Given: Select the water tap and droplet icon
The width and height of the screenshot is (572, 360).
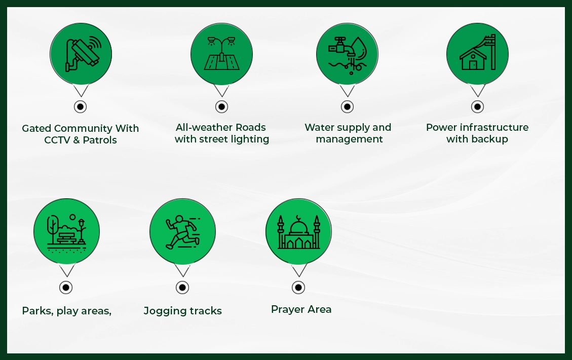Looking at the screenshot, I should click(x=347, y=53).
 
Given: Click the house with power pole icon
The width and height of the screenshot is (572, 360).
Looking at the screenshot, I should click(x=477, y=53).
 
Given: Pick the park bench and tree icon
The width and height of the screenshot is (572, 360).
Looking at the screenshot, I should click(x=66, y=232).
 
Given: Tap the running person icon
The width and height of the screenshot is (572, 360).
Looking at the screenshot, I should click(x=182, y=232).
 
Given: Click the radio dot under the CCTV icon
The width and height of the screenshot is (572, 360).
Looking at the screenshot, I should click(x=81, y=107).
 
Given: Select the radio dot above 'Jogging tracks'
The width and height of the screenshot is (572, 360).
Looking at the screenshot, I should click(x=182, y=287).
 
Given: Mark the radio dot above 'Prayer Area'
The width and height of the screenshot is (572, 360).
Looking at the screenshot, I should click(x=298, y=287).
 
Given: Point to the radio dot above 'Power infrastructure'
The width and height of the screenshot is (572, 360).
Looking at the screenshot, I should click(x=477, y=106).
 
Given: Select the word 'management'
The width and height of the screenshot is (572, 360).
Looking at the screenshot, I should click(x=349, y=139).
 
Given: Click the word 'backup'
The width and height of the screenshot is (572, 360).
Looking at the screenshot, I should click(x=490, y=139).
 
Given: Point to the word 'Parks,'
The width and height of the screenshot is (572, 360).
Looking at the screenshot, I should click(x=37, y=311).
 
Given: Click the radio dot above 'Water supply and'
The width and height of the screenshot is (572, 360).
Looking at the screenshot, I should click(x=347, y=106).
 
